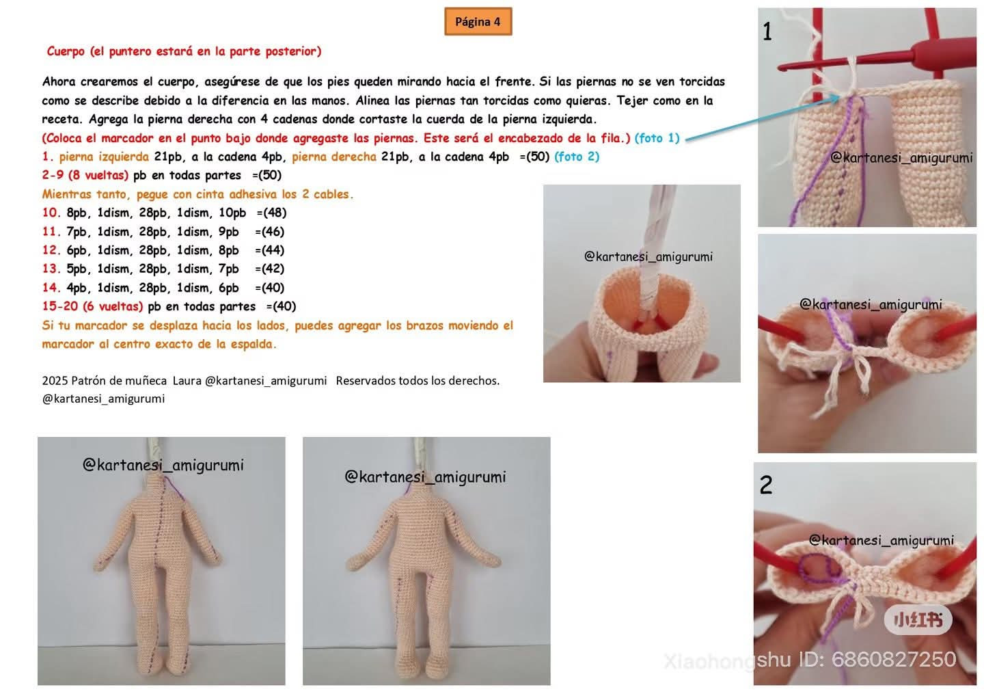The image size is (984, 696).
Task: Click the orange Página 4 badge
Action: pyautogui.click(x=478, y=22)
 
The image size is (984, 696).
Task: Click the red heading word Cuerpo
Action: pyautogui.click(x=66, y=51)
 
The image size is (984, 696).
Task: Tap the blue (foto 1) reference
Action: pyautogui.click(x=657, y=138)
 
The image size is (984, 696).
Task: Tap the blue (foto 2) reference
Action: pyautogui.click(x=577, y=157)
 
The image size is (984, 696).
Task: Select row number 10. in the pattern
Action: pyautogui.click(x=51, y=213)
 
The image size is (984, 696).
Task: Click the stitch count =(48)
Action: pyautogui.click(x=271, y=213)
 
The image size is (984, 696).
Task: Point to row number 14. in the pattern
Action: pyautogui.click(x=51, y=288)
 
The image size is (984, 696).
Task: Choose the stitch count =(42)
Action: pyautogui.click(x=269, y=269)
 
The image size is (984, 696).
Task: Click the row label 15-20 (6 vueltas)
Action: pyautogui.click(x=92, y=306)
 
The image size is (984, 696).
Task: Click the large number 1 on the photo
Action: pyautogui.click(x=767, y=32)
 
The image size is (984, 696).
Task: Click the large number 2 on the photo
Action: pyautogui.click(x=766, y=485)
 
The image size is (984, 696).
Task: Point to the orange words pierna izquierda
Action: pyautogui.click(x=104, y=157)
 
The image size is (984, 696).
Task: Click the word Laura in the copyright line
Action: pyautogui.click(x=187, y=381)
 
